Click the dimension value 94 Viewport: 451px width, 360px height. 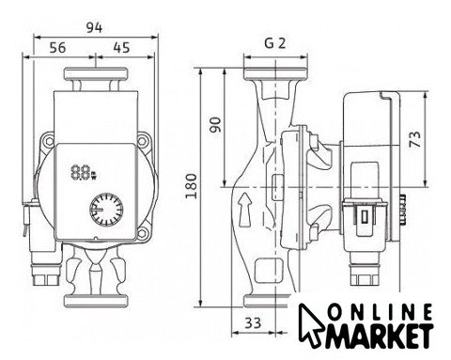tap(94, 28)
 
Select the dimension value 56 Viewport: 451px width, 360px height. tap(58, 48)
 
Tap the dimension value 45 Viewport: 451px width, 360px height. tap(121, 48)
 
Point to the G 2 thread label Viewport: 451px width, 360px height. tap(275, 43)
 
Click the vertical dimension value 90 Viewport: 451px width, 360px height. tap(215, 125)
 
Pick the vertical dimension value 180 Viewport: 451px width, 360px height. tap(191, 186)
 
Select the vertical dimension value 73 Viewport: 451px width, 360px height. tap(415, 139)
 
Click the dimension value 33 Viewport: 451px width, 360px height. tap(253, 322)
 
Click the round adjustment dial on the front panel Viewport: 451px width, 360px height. tap(106, 210)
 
